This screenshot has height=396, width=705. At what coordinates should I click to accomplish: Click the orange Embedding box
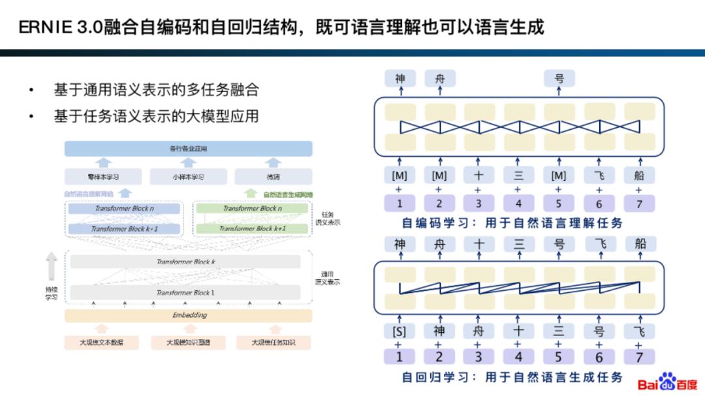pos(189,316)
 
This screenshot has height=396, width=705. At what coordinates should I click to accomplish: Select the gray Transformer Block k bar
pos(185,262)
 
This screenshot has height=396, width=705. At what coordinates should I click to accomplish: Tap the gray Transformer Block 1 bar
pos(185,292)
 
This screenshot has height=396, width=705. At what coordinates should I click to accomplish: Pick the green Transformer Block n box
pos(252,209)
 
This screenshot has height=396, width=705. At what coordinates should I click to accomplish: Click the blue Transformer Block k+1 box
pos(124,229)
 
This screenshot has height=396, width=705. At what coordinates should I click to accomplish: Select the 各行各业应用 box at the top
pos(188,149)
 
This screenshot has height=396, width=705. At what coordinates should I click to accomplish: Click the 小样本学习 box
pos(188,177)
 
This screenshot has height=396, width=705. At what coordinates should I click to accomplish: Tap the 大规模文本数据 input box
pos(101,342)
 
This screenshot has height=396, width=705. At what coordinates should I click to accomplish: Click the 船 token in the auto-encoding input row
pos(639,175)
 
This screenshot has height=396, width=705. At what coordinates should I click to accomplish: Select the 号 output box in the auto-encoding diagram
pos(559,79)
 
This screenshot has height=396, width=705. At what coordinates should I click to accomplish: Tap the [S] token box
pos(399,331)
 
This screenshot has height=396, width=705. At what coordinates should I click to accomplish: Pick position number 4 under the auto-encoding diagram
pos(518,204)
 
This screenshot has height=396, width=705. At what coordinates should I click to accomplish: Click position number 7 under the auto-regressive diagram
pos(639,357)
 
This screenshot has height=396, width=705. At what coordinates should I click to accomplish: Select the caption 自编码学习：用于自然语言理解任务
pos(512,223)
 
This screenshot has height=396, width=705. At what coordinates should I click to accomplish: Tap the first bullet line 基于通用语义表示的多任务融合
pos(161,90)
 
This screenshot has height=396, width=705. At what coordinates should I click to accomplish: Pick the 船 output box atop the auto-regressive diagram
pos(640,244)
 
